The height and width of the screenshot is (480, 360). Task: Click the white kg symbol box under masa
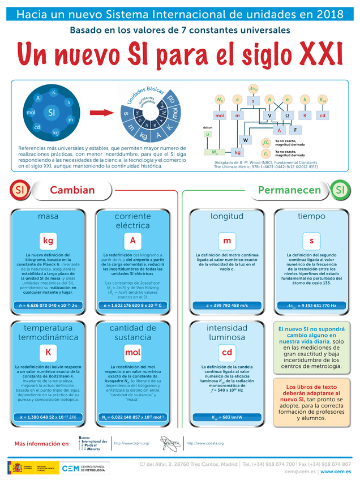click(48, 241)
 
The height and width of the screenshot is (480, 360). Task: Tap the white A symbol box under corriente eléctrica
click(132, 241)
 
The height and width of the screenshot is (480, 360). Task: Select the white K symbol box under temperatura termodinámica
click(48, 353)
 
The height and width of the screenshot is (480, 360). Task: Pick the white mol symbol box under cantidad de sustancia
click(132, 353)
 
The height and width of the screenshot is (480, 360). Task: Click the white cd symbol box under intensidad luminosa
click(227, 353)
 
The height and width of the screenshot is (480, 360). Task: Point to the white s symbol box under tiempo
click(311, 241)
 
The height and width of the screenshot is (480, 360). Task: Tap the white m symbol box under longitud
click(227, 241)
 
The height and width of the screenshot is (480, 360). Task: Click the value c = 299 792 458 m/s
click(227, 306)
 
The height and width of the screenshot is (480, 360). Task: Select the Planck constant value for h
click(48, 306)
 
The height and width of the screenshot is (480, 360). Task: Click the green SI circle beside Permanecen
click(340, 190)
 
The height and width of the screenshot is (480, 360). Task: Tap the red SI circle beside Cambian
click(20, 190)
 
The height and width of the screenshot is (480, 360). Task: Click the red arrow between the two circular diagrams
click(99, 113)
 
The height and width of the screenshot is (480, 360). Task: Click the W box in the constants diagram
click(246, 140)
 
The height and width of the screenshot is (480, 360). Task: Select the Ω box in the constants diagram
click(287, 115)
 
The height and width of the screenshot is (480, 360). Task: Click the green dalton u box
click(208, 134)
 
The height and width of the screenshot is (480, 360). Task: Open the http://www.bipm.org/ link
click(131, 443)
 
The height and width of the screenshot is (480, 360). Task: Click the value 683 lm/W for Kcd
click(227, 418)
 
